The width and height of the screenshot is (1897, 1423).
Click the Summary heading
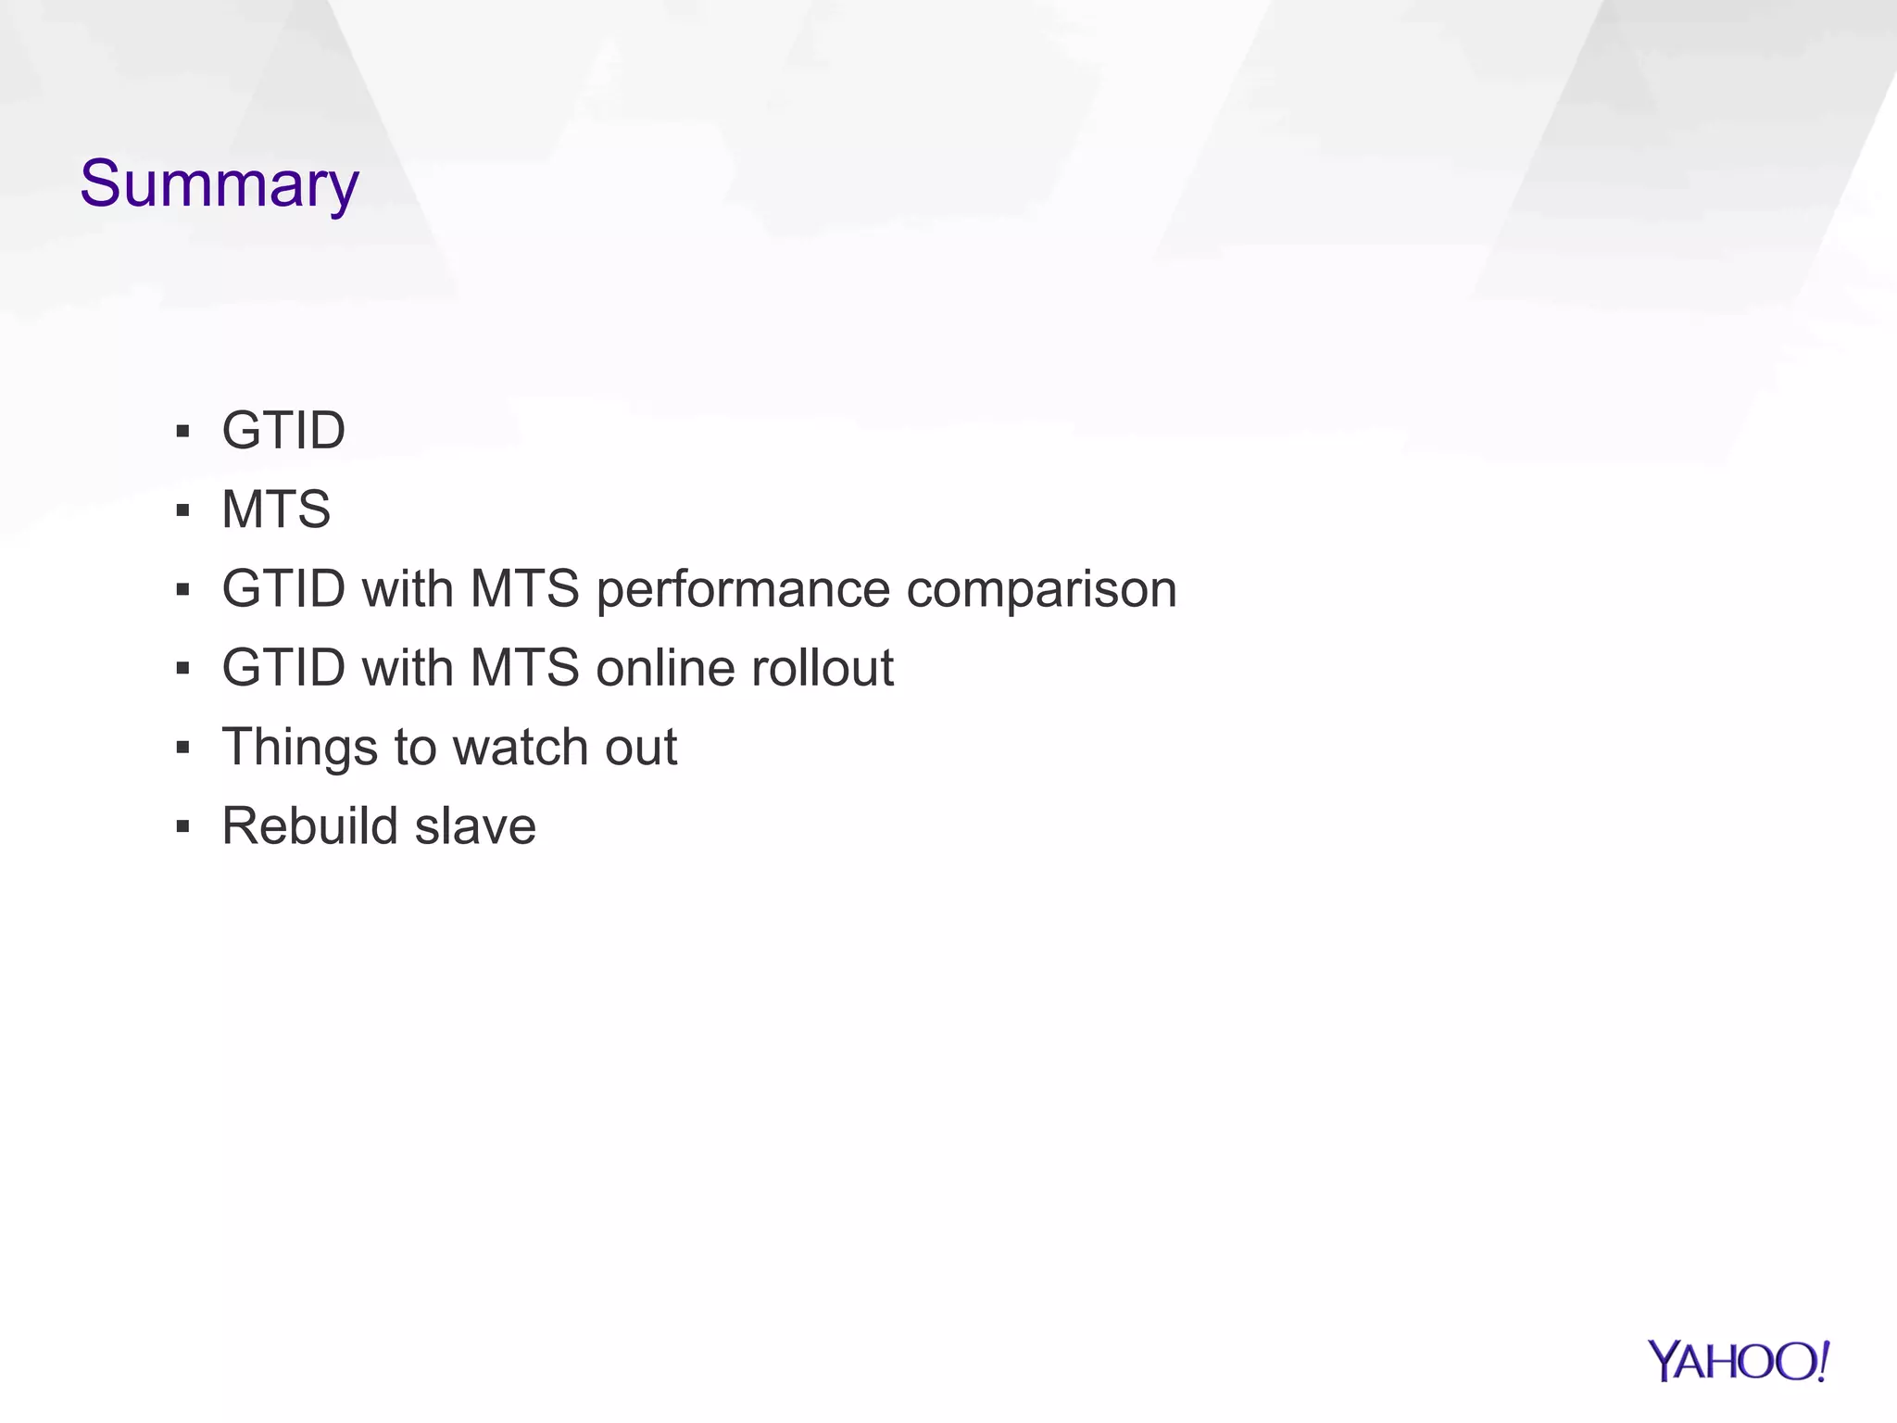pyautogui.click(x=219, y=184)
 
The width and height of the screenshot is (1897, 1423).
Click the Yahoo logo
pyautogui.click(x=1738, y=1362)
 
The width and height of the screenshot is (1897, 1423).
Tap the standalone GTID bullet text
pyautogui.click(x=283, y=431)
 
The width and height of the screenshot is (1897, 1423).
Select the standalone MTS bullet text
pyautogui.click(x=276, y=510)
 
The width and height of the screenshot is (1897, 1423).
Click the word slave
pyautogui.click(x=475, y=825)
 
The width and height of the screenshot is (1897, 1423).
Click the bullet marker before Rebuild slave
pyautogui.click(x=182, y=826)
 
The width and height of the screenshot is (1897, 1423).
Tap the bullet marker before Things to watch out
pyautogui.click(x=182, y=748)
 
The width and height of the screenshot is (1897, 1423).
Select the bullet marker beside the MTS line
pyautogui.click(x=182, y=510)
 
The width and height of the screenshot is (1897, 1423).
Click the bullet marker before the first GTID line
pyautogui.click(x=182, y=432)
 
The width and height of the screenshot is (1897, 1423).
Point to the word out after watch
pyautogui.click(x=641, y=747)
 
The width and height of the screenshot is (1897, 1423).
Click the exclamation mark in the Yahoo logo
pyautogui.click(x=1822, y=1361)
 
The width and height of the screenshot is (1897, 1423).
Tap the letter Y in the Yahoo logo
pyautogui.click(x=1665, y=1361)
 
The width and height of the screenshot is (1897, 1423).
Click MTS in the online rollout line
pyautogui.click(x=524, y=668)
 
